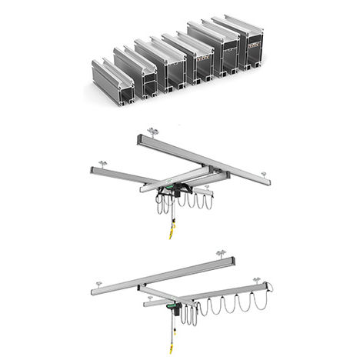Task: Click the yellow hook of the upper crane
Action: point(171,232)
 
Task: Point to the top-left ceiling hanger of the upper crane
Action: point(152,133)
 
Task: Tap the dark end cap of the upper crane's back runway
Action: point(139,138)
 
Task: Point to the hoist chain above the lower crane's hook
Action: point(175,326)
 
